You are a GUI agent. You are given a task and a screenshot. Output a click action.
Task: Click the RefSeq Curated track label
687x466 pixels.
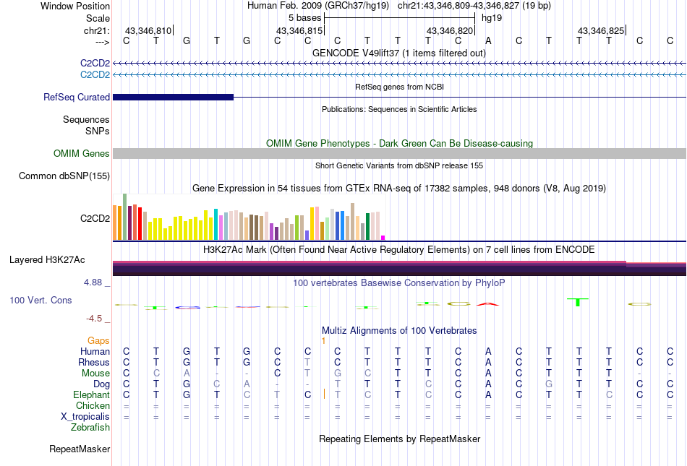click(x=77, y=97)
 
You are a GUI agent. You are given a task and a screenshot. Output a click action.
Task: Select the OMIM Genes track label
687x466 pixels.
click(x=82, y=153)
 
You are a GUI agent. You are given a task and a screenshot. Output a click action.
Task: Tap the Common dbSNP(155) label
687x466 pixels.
click(x=64, y=176)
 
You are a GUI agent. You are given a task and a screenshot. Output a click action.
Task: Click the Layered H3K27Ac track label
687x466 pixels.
click(x=57, y=259)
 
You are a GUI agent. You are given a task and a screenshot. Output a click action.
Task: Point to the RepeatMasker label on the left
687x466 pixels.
click(x=80, y=449)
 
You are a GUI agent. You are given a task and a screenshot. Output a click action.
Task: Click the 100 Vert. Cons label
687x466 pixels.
click(x=40, y=300)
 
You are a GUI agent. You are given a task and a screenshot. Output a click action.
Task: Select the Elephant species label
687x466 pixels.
click(x=91, y=395)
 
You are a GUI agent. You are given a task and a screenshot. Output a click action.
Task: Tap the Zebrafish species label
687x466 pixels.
click(x=90, y=428)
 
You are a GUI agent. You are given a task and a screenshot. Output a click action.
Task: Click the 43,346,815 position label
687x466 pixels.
click(x=299, y=30)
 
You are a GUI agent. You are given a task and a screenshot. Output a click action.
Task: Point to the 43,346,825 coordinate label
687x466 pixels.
click(x=600, y=30)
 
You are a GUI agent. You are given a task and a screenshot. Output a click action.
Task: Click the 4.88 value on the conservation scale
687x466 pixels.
click(x=94, y=282)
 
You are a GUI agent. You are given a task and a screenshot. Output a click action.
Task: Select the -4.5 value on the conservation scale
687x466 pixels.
click(x=97, y=318)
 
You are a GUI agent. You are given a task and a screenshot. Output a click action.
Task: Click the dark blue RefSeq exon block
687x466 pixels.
click(x=173, y=97)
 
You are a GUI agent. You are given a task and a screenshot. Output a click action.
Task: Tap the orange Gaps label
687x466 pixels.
click(x=98, y=340)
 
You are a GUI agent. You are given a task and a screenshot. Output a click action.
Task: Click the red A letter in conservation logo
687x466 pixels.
click(x=488, y=303)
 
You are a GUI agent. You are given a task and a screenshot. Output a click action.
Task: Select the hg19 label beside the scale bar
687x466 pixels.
click(x=492, y=17)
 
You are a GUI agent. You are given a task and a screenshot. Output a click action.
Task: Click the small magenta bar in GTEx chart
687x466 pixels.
click(x=383, y=237)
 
